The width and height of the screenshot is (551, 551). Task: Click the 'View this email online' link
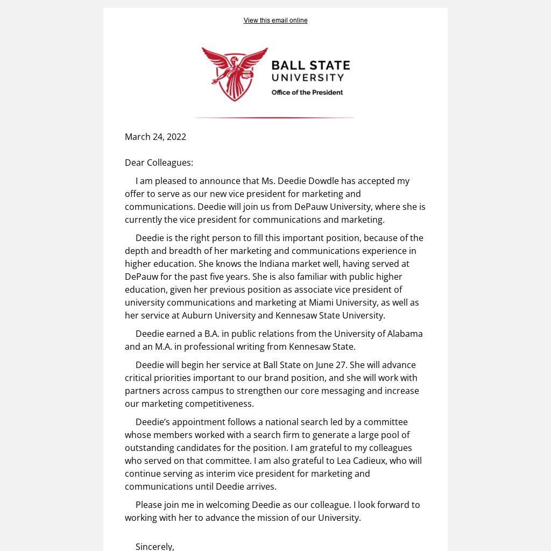click(275, 20)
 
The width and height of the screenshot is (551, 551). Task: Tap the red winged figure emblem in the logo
click(235, 74)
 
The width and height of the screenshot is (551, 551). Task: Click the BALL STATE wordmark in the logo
click(310, 66)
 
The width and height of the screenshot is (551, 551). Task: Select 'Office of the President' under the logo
click(307, 93)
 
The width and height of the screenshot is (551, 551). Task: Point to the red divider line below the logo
click(274, 117)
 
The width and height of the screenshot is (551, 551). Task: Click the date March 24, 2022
click(155, 137)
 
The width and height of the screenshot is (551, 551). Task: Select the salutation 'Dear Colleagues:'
click(159, 163)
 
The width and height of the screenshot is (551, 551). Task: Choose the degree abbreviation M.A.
click(163, 347)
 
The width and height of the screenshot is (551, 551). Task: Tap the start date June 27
click(331, 365)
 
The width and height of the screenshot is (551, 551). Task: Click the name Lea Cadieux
click(361, 461)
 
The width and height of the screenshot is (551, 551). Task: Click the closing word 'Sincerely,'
click(154, 546)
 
